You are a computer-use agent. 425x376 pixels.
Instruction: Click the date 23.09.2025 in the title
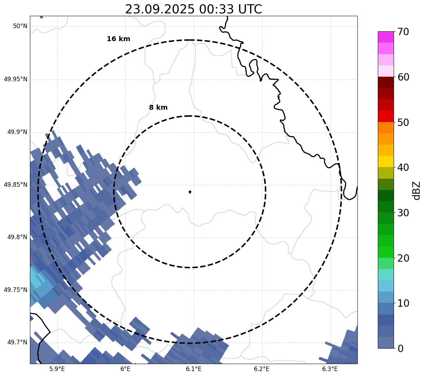[160, 9]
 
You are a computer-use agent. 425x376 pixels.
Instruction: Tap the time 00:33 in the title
[216, 9]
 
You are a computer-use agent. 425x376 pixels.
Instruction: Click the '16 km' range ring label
[118, 39]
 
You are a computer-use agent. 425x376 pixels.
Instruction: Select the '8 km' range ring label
[158, 108]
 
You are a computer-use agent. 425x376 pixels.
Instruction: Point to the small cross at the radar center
[190, 192]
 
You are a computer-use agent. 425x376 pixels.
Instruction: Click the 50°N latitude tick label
[20, 26]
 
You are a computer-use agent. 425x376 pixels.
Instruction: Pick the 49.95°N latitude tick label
[15, 79]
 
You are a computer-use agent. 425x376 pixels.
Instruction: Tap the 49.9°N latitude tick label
[17, 132]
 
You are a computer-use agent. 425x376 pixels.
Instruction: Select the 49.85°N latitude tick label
[15, 185]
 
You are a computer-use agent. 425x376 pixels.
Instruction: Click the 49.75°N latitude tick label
[15, 290]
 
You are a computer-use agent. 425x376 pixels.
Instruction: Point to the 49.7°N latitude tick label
[17, 342]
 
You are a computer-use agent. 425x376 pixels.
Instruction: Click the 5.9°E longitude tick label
[57, 369]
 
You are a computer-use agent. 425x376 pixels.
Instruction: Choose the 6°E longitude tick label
[125, 369]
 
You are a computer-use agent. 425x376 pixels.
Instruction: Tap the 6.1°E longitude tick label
[194, 369]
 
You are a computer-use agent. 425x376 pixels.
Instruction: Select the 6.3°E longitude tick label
[330, 369]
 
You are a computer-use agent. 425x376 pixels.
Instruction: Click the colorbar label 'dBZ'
[417, 190]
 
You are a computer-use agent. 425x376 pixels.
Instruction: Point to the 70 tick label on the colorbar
[403, 32]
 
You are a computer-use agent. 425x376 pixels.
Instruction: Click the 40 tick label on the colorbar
[403, 167]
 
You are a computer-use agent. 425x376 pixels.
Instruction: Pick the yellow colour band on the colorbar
[386, 161]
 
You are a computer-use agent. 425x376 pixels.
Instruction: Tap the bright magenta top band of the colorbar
[386, 37]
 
